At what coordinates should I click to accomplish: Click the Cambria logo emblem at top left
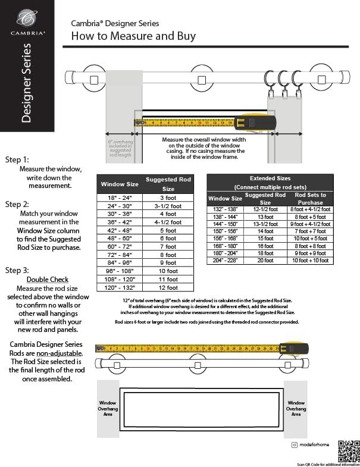(26, 18)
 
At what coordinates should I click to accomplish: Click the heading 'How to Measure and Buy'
(133, 36)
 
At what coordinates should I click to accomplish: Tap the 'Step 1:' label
(17, 160)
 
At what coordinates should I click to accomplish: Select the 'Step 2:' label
(17, 204)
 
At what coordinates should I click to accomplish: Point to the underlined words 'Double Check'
(48, 280)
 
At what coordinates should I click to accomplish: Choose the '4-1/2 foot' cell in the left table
(168, 222)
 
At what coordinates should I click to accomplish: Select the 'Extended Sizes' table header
(270, 178)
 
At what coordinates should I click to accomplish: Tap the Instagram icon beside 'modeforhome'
(294, 445)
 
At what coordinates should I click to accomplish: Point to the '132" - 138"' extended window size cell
(225, 209)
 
